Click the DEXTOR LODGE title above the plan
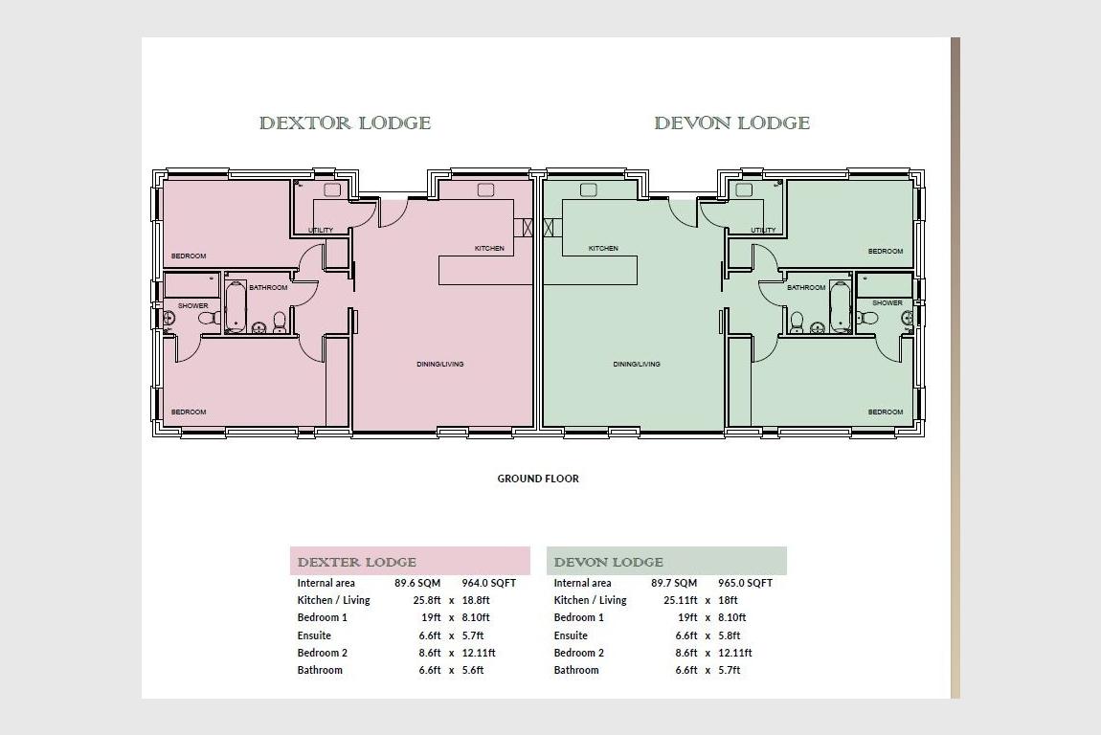click(x=345, y=122)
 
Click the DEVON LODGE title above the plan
click(x=731, y=122)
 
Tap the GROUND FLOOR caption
click(x=538, y=479)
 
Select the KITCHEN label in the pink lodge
click(x=489, y=249)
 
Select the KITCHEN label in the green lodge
click(x=603, y=249)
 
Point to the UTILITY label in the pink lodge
click(x=321, y=231)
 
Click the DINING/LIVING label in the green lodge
click(x=637, y=365)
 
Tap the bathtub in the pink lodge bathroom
click(x=236, y=306)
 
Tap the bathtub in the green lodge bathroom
click(x=840, y=306)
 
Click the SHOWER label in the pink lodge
click(x=192, y=306)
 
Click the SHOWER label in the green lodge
click(x=888, y=303)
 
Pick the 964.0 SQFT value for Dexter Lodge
click(x=488, y=584)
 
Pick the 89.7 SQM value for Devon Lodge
click(x=674, y=584)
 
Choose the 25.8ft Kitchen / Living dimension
click(x=427, y=600)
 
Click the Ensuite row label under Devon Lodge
click(x=571, y=636)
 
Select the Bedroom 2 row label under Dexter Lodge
click(x=323, y=653)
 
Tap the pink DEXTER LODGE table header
click(x=410, y=562)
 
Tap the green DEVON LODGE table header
click(x=666, y=562)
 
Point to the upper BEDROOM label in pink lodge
click(x=189, y=256)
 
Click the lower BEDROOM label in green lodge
click(x=886, y=412)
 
